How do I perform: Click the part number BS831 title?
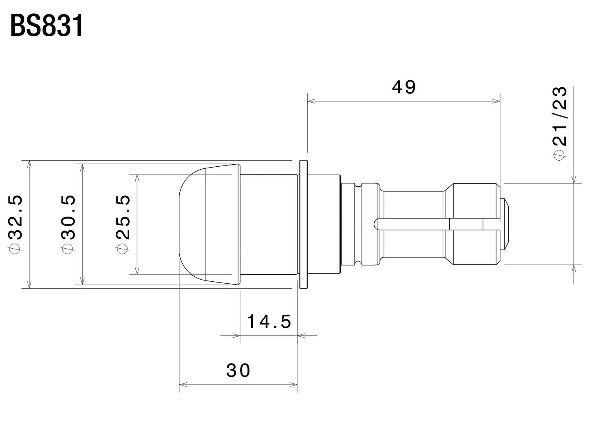tap(46, 26)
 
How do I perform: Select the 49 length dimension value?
tap(404, 87)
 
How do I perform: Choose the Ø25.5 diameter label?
tap(123, 225)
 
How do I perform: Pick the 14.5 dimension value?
tap(269, 322)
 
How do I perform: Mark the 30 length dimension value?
tap(238, 370)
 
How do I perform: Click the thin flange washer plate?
tap(303, 224)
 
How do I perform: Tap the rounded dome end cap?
tap(192, 224)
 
